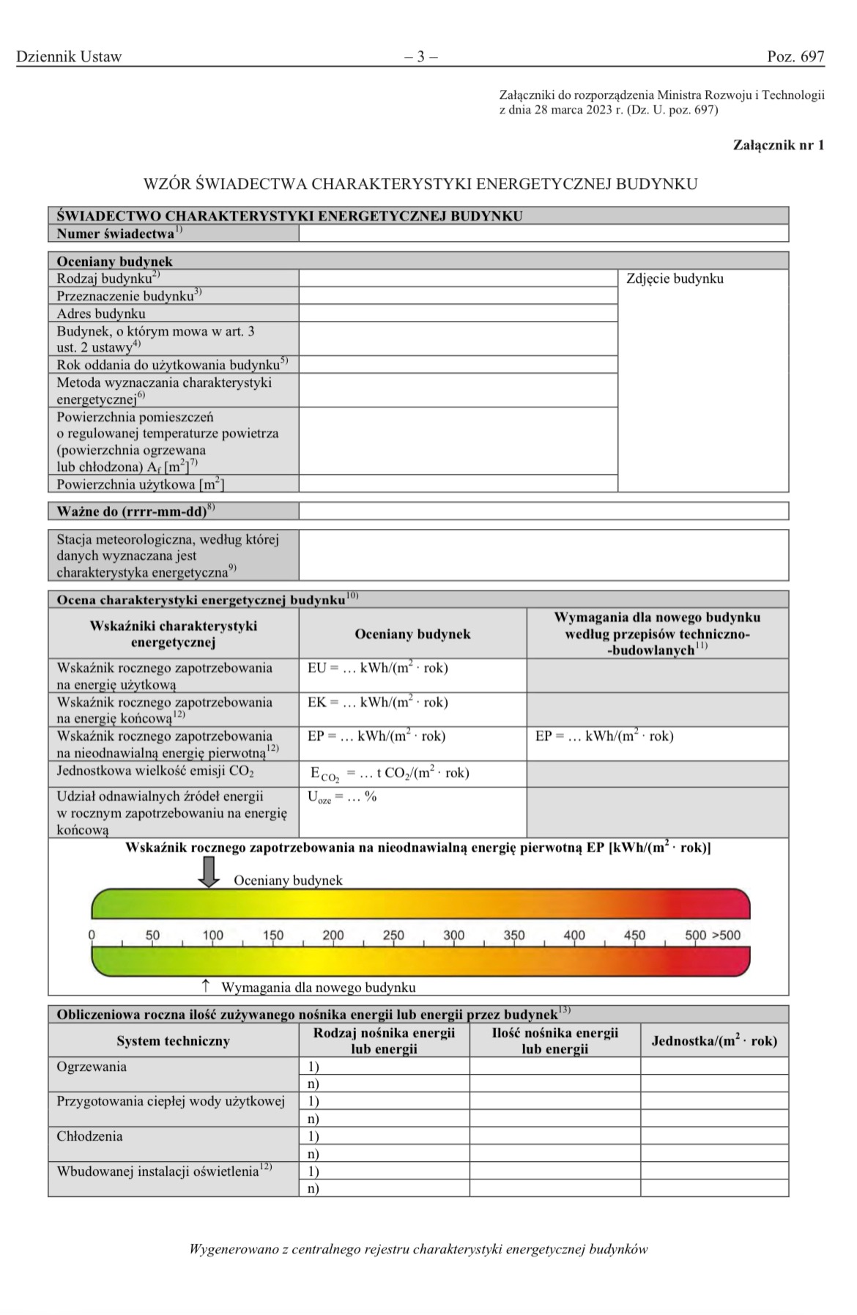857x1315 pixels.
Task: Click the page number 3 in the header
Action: pos(421,56)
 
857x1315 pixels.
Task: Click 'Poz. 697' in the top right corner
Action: pos(795,56)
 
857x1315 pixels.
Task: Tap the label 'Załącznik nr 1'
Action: pos(778,145)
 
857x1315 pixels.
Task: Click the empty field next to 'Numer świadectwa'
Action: pos(543,234)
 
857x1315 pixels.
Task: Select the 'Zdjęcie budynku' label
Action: pos(675,279)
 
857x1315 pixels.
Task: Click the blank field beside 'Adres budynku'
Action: pos(458,314)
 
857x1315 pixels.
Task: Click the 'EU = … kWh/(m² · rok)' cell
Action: pos(377,668)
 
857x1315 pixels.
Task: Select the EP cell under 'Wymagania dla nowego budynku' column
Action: pos(604,736)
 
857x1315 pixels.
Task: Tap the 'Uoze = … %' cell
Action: pos(342,797)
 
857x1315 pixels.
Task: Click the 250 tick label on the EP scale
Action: pos(393,936)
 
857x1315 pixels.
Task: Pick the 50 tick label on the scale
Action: pos(152,936)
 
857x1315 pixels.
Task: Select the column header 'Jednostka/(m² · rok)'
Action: pos(714,1041)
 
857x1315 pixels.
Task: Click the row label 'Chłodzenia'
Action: pos(89,1136)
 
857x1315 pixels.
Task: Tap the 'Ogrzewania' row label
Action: pos(92,1067)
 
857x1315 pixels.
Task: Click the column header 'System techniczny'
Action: pos(173,1041)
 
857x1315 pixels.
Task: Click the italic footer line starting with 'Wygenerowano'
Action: pos(418,1250)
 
